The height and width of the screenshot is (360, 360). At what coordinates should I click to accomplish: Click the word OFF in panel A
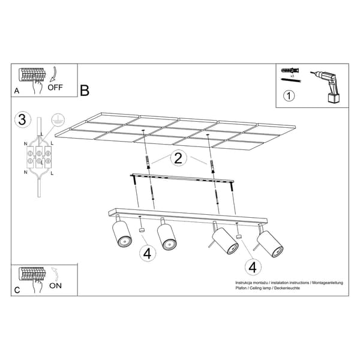tap(55, 88)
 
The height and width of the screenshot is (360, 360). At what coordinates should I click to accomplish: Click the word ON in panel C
tap(55, 286)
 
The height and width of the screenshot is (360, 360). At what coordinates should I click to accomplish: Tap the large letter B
tap(85, 91)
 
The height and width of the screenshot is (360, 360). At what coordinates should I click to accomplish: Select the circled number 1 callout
tap(289, 95)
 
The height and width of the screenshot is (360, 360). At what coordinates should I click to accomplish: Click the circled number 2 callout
tap(178, 158)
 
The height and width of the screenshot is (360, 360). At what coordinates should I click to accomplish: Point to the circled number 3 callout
tap(22, 119)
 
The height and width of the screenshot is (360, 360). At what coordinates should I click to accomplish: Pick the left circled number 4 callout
tap(148, 254)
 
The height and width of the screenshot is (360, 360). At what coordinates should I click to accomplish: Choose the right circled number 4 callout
tap(253, 267)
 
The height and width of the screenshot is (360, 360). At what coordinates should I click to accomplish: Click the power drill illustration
tap(328, 87)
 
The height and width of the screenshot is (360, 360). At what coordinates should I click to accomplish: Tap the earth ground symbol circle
tap(58, 120)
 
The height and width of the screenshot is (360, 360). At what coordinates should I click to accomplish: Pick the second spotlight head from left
tap(167, 237)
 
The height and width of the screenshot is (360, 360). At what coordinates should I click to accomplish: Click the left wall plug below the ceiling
tap(148, 162)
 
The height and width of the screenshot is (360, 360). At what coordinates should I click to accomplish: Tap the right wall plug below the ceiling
tap(213, 167)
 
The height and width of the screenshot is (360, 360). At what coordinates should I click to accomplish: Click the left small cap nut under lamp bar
tap(142, 230)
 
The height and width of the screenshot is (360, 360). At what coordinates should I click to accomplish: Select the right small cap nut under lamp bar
tap(239, 237)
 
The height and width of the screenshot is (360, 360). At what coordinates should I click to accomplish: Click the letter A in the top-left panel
tap(17, 91)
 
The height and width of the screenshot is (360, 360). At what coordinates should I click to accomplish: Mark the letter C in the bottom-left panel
tap(17, 290)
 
